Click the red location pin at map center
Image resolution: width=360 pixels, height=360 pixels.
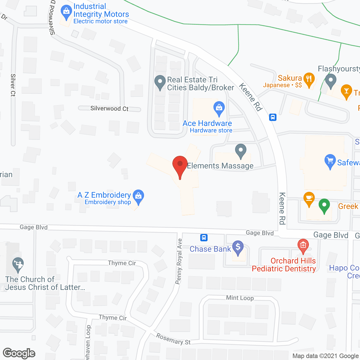180,165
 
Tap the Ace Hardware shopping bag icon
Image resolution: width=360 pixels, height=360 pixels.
219,107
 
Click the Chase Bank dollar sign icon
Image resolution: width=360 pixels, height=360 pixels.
238,247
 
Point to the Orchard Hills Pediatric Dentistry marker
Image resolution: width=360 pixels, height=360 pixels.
303,245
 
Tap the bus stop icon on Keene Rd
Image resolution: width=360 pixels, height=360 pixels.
273,117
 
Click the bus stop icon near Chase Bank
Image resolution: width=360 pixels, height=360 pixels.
204,238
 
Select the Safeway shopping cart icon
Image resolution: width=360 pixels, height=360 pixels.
330,161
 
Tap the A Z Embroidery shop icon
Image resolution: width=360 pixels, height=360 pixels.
138,196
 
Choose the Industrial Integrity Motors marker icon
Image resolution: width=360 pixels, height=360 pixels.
66,12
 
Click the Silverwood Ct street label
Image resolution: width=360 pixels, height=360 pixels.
109,109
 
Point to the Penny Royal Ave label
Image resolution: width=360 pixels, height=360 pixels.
179,261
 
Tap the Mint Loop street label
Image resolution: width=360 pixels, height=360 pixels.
240,298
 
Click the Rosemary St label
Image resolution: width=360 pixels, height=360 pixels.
173,339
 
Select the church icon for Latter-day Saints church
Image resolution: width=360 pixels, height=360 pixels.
18,264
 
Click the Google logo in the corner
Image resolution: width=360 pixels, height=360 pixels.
19,353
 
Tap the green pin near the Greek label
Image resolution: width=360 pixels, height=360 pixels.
324,205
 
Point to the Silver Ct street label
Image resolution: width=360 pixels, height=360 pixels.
13,85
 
